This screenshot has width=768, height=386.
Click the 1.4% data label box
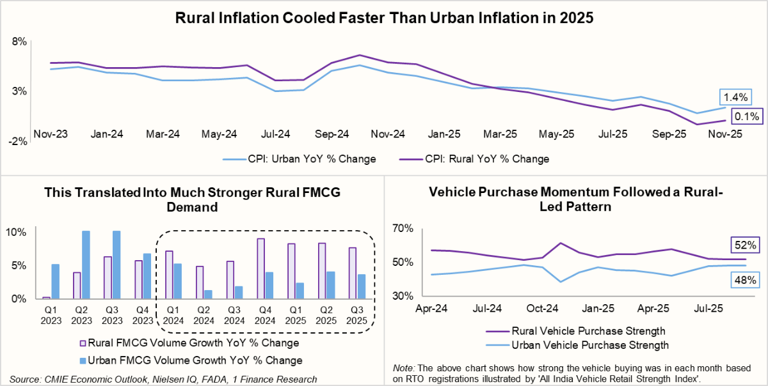pyautogui.click(x=735, y=98)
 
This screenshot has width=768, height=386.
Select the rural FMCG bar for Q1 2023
pyautogui.click(x=46, y=297)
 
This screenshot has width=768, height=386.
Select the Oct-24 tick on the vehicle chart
pyautogui.click(x=541, y=309)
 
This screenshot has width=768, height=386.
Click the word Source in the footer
pyautogui.click(x=24, y=379)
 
